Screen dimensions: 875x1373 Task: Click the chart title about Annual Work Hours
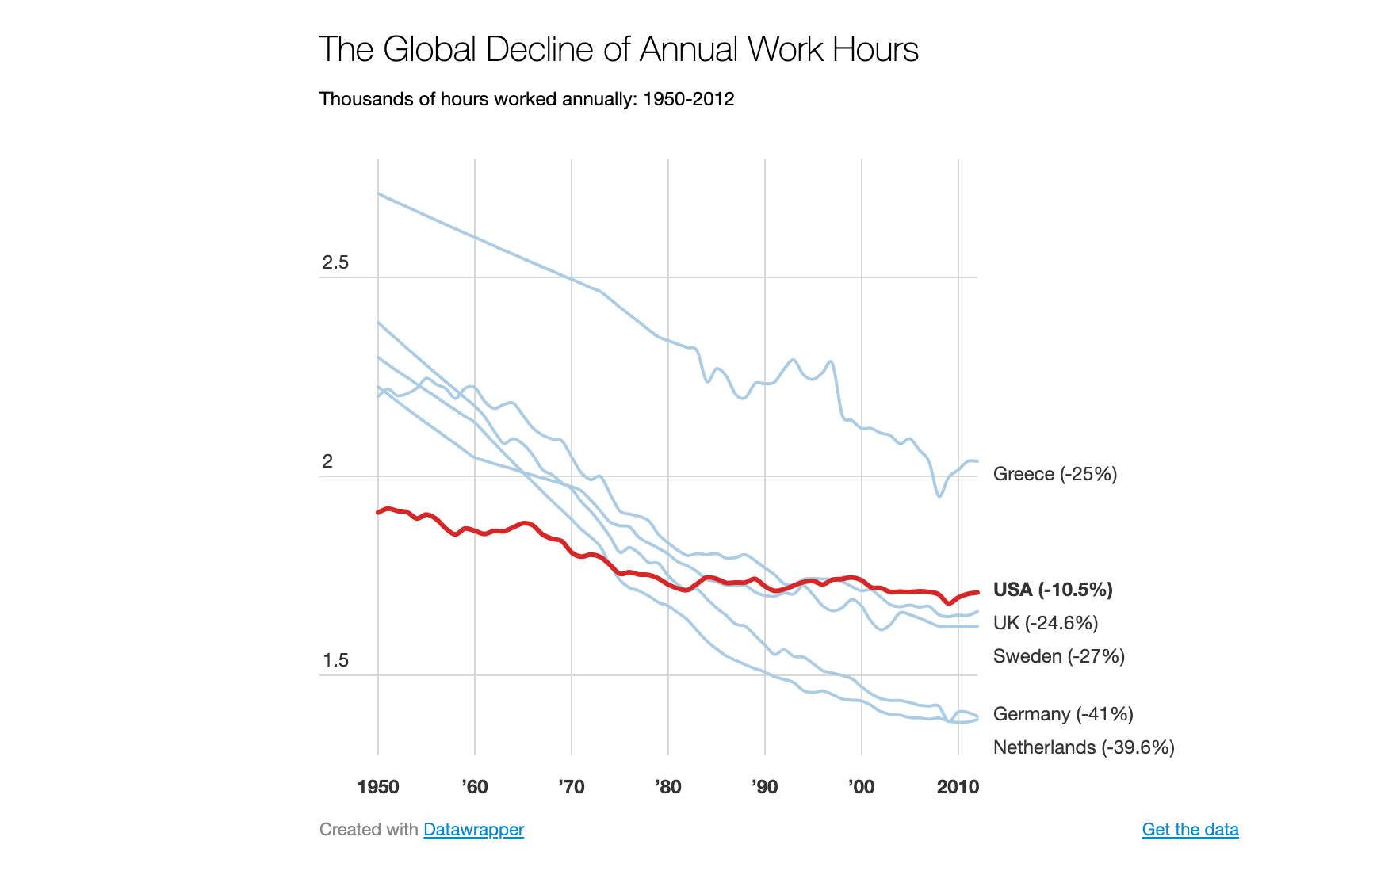tap(618, 50)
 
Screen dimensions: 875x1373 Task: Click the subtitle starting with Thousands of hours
tap(526, 99)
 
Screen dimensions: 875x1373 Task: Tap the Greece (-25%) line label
tap(1054, 474)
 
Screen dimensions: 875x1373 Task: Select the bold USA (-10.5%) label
tap(1053, 590)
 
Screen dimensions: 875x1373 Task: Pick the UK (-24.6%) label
tap(1046, 623)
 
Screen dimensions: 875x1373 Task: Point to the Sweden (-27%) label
tap(1058, 656)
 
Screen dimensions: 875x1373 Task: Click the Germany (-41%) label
tap(1062, 714)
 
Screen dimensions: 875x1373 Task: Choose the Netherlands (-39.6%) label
tap(1083, 747)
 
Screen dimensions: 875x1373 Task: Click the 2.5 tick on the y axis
tap(335, 263)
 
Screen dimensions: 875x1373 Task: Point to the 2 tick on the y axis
tap(327, 462)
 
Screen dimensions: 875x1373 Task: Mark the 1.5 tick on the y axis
tap(335, 661)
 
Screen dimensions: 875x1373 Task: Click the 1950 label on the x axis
tap(378, 787)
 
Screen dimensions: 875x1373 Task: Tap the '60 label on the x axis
tap(475, 787)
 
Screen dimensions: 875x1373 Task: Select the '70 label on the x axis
tap(572, 787)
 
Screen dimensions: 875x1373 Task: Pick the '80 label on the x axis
tap(668, 787)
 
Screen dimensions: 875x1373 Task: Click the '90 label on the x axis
tap(765, 787)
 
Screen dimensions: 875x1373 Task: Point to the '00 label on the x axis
tap(862, 787)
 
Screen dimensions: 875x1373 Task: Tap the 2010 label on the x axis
tap(958, 787)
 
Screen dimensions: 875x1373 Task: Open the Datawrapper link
tap(473, 830)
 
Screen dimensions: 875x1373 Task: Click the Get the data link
tap(1190, 830)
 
